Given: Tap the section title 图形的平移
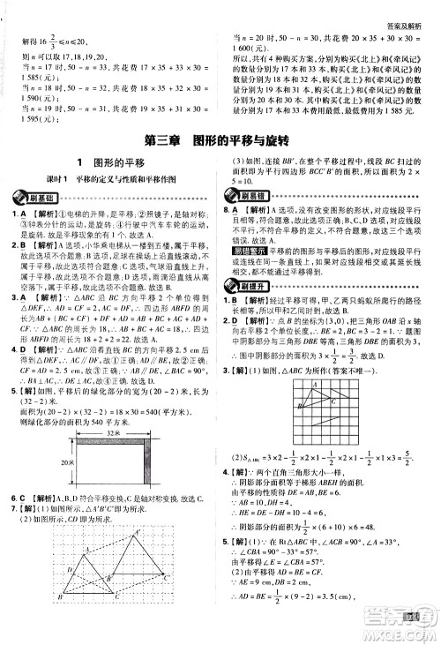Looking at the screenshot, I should (x=111, y=161).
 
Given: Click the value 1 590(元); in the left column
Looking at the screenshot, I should (x=28, y=101).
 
